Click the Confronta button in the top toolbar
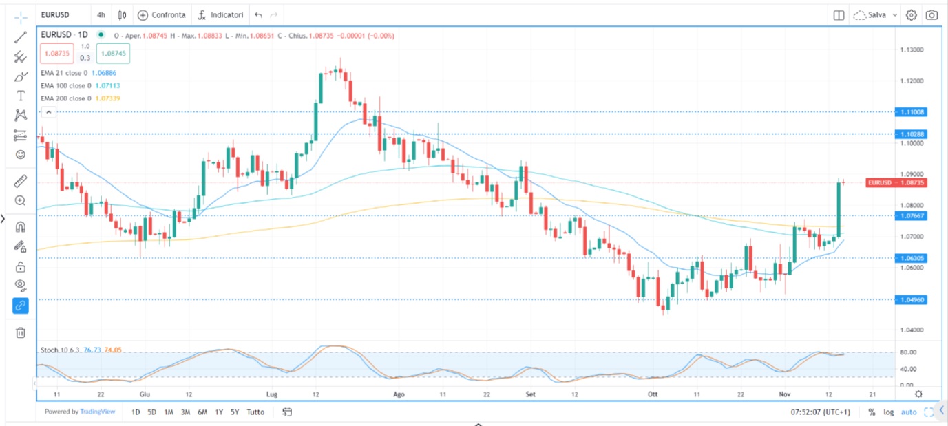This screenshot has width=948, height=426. (162, 14)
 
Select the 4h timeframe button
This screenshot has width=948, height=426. (101, 14)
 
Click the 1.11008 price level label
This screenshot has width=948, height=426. (912, 111)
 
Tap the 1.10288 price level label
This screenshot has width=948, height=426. (912, 134)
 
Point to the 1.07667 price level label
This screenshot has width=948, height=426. (912, 215)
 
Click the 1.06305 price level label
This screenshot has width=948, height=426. (912, 258)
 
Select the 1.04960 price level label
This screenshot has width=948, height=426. (912, 299)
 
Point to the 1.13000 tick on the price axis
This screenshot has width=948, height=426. (912, 50)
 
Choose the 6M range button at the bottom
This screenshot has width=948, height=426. (202, 412)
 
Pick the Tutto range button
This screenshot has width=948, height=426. (255, 412)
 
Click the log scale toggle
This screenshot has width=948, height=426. (889, 412)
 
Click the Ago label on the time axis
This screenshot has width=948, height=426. (399, 394)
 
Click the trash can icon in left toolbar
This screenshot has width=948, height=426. (20, 332)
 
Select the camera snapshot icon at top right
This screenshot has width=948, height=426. (931, 14)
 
